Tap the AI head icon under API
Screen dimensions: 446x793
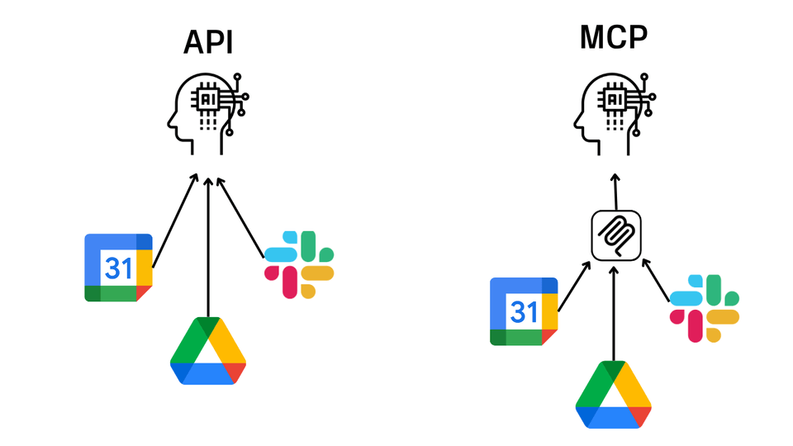(206, 111)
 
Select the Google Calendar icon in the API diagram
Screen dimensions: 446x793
(118, 268)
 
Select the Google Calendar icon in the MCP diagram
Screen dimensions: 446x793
(524, 311)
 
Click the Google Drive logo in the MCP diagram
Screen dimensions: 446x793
(613, 395)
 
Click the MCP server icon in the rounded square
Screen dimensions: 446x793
(615, 235)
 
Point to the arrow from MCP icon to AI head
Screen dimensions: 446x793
(615, 191)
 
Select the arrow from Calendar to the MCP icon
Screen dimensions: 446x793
(574, 287)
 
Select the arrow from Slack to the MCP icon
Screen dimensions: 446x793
(656, 281)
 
